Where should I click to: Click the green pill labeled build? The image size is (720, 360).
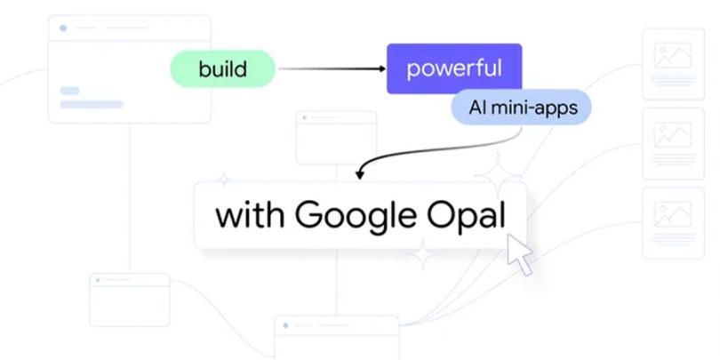coord(222,68)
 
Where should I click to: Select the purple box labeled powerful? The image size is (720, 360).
coord(453,68)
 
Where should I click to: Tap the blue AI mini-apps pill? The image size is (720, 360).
coord(520,108)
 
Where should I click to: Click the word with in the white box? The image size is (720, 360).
coord(250,215)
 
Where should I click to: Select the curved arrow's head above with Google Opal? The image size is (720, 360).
coord(359,175)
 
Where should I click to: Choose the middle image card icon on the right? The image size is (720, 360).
coord(672,135)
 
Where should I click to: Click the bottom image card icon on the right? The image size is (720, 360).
coord(672,213)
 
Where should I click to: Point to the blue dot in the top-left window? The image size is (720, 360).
coord(63,28)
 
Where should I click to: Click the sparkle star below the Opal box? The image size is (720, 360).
coord(422,256)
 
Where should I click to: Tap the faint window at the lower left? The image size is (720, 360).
coord(129,299)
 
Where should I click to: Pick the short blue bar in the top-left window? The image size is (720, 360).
coord(69,91)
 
